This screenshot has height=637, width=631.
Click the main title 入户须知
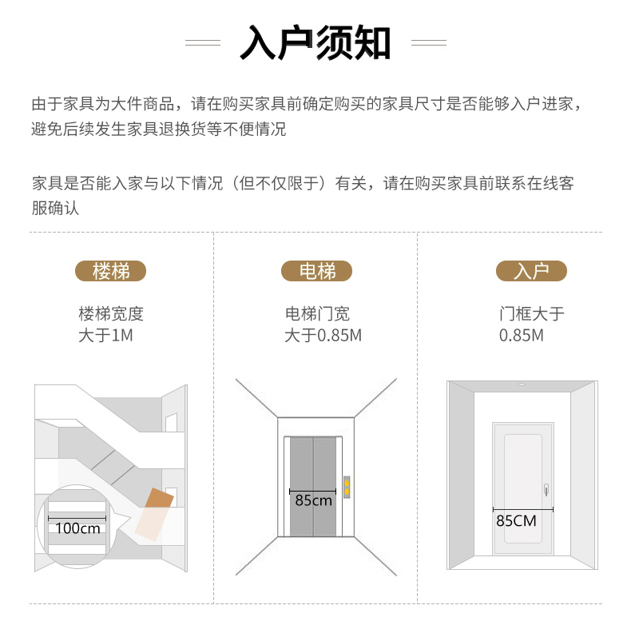point(315,42)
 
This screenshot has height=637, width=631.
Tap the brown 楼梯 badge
point(110,271)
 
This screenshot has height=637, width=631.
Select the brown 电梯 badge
point(317,271)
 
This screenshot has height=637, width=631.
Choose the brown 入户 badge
point(531,271)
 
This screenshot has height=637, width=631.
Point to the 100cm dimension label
point(77,528)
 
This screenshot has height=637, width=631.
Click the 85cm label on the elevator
point(313,500)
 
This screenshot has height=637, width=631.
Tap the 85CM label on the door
point(516,520)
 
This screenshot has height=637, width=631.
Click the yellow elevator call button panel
point(347,487)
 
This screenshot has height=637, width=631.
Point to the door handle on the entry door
point(546,489)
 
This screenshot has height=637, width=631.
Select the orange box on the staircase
point(155,514)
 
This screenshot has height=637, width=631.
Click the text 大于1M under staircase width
point(105,335)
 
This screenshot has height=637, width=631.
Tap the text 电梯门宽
point(317,313)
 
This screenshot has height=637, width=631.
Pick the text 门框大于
point(531,313)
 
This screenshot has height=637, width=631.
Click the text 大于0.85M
point(323,335)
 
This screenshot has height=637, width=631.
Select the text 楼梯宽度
point(111,313)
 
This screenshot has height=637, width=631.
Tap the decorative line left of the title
point(203,42)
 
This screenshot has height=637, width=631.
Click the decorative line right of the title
point(429,42)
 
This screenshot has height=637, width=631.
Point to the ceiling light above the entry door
point(522,384)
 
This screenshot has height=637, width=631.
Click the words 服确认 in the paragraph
point(55,208)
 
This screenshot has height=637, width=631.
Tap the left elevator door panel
point(301,486)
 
